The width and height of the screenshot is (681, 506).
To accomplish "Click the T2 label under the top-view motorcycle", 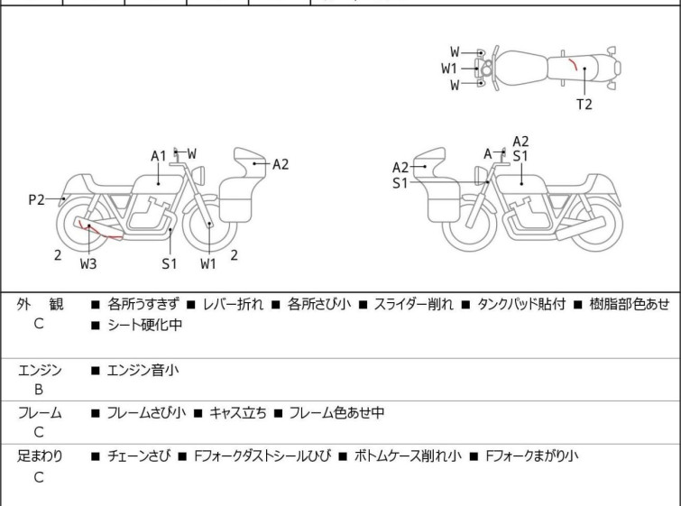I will click(584, 104).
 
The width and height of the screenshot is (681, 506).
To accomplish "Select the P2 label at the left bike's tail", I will click(36, 199).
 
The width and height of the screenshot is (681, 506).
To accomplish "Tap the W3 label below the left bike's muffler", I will click(88, 263).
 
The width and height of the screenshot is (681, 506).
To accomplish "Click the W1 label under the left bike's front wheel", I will click(208, 263).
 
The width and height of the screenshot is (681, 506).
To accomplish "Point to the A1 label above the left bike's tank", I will click(159, 156).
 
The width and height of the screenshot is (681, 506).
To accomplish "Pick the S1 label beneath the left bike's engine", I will click(170, 263).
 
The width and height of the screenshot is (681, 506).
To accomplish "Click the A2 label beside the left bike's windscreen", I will click(280, 164).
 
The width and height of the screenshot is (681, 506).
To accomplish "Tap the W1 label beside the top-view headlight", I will click(449, 68).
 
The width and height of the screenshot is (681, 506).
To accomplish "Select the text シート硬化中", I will click(144, 325).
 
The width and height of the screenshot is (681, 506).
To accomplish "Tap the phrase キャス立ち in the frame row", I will click(237, 413).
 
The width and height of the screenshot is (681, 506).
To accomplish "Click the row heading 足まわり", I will click(41, 456).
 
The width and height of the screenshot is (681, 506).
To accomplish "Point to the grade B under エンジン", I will click(39, 390).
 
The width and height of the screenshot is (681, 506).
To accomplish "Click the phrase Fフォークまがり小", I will click(531, 456).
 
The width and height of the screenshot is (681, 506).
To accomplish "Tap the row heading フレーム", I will click(41, 413).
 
